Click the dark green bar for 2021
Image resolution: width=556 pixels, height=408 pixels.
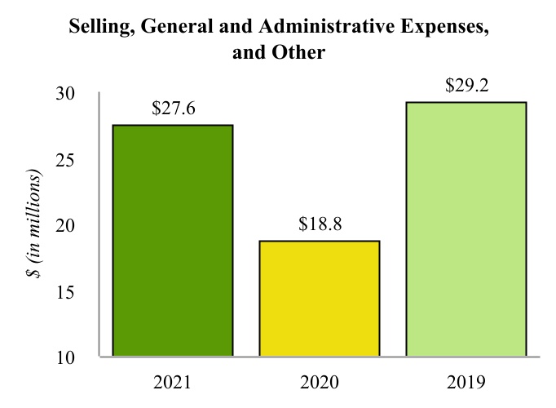[x=172, y=241]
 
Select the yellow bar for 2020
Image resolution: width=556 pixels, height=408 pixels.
[x=319, y=299]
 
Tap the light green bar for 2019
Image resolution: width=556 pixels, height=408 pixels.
[x=466, y=229]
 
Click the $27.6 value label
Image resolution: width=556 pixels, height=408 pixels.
[x=173, y=108]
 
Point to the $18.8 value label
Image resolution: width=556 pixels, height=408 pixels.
[x=319, y=224]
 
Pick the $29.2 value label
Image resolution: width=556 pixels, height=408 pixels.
[x=466, y=85]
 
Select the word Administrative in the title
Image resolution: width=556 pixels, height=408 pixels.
[x=316, y=29]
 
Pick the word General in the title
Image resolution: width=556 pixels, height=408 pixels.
[x=171, y=29]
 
